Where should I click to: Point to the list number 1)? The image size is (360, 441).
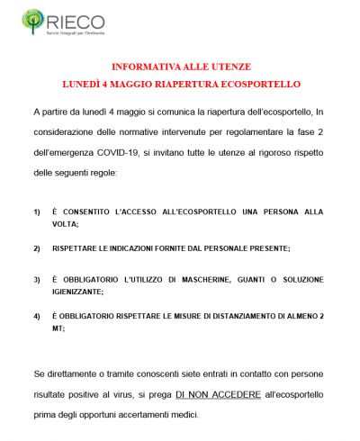coord(37,211)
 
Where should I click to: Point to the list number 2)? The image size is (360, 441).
coord(37,247)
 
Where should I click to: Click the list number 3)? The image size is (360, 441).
coord(37,279)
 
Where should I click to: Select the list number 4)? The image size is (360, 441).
coord(37,316)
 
